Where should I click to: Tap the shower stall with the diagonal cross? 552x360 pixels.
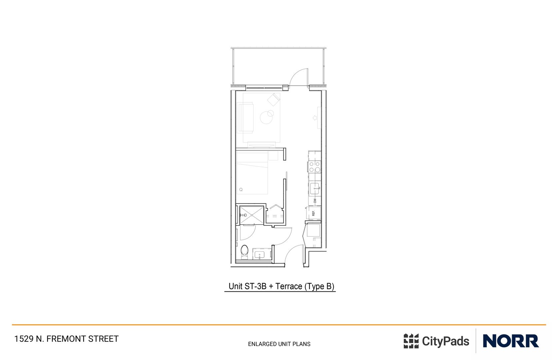(252, 215)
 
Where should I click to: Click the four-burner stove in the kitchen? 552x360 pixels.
(314, 167)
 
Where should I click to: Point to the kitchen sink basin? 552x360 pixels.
(314, 188)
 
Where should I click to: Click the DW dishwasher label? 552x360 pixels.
(315, 201)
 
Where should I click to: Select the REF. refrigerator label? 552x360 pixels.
(313, 213)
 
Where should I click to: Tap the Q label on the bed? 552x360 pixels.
(241, 189)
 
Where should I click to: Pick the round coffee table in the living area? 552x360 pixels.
(267, 117)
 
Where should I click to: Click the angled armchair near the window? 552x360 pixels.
(273, 99)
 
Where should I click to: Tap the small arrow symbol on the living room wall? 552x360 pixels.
(314, 118)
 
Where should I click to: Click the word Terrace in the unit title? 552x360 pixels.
(288, 286)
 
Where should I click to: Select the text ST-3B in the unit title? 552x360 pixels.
(255, 286)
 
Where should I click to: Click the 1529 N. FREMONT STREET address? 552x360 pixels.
(66, 339)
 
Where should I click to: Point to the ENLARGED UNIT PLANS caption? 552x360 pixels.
(279, 344)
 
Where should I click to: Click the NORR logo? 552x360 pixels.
(511, 341)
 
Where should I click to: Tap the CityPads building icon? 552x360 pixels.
(411, 341)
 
